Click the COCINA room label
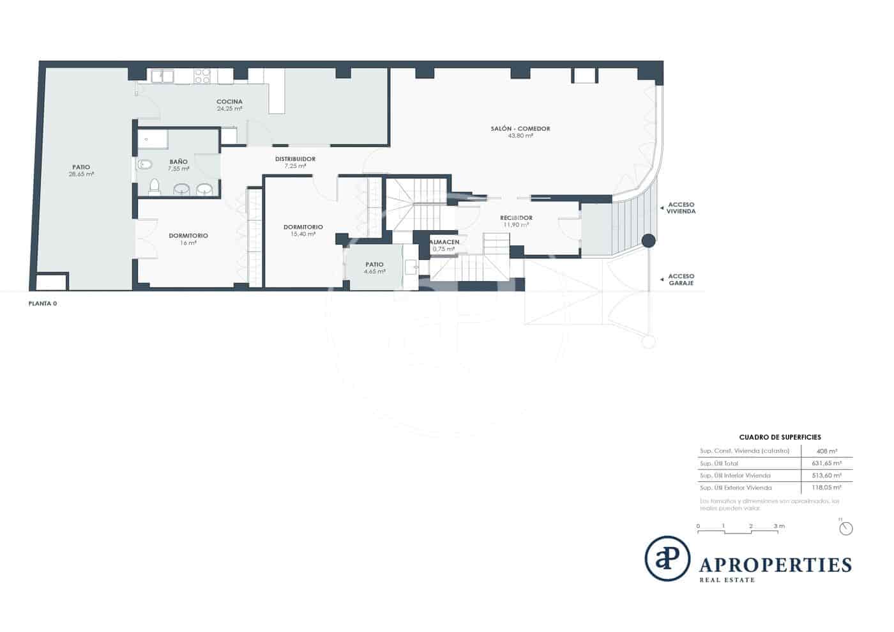229,102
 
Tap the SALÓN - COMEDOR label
520,129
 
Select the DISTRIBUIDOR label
295,160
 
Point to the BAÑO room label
178,162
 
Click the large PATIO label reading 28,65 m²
81,167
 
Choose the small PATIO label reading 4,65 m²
375,265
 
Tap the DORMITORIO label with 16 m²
188,236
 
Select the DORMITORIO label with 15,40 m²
303,227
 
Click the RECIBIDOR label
516,219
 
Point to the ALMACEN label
444,243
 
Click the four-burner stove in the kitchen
202,76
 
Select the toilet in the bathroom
154,187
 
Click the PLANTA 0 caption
43,304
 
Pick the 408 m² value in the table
826,451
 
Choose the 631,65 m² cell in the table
826,463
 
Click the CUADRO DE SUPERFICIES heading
780,438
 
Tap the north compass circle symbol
846,528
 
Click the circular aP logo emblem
667,559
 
